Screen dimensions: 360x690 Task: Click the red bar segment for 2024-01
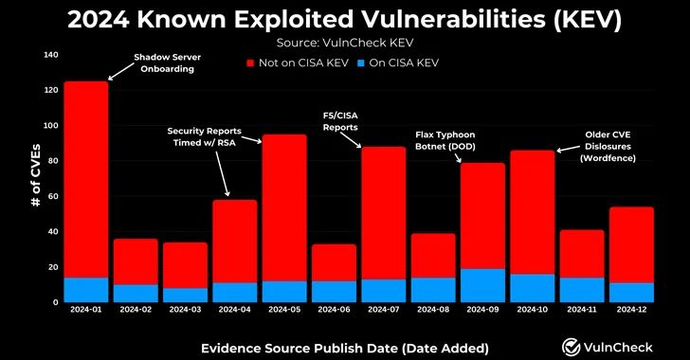click(x=85, y=179)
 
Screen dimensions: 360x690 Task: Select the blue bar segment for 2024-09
click(x=482, y=285)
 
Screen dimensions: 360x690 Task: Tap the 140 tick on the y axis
click(x=50, y=55)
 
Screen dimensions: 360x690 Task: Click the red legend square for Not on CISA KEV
click(x=251, y=63)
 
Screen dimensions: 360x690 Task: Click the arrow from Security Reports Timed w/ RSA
click(x=220, y=170)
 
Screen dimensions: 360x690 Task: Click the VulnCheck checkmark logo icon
click(x=572, y=347)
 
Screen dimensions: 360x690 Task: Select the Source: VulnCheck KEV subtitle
click(x=344, y=42)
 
